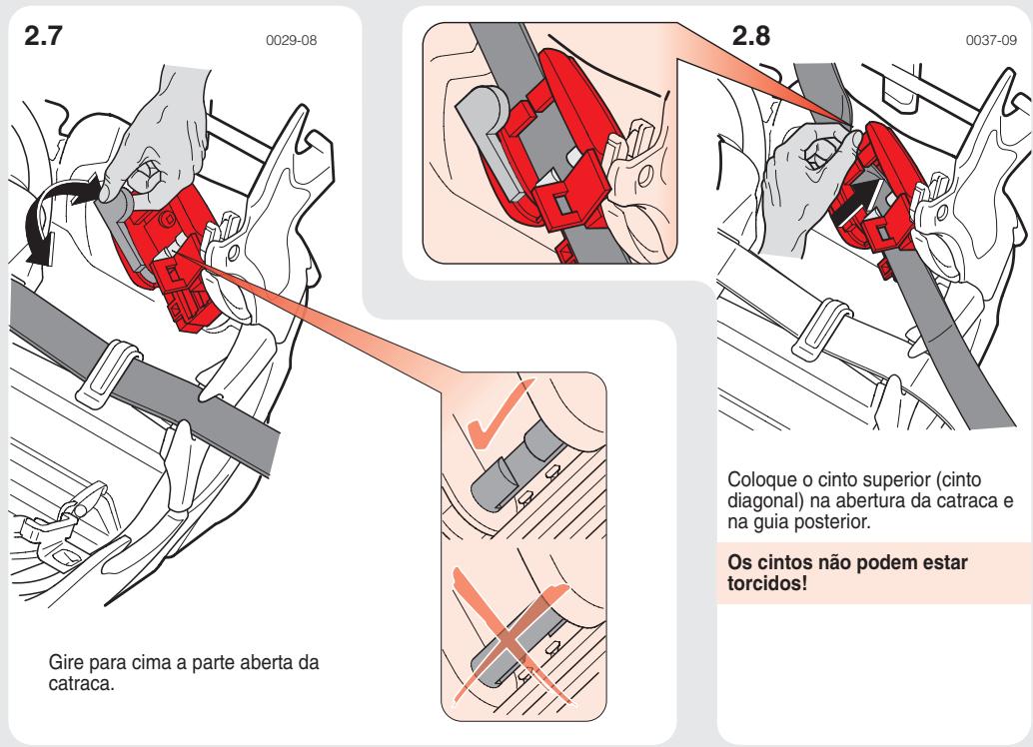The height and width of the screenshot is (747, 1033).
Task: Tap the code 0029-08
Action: (305, 42)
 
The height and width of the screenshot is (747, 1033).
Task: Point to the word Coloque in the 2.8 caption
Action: (760, 477)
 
